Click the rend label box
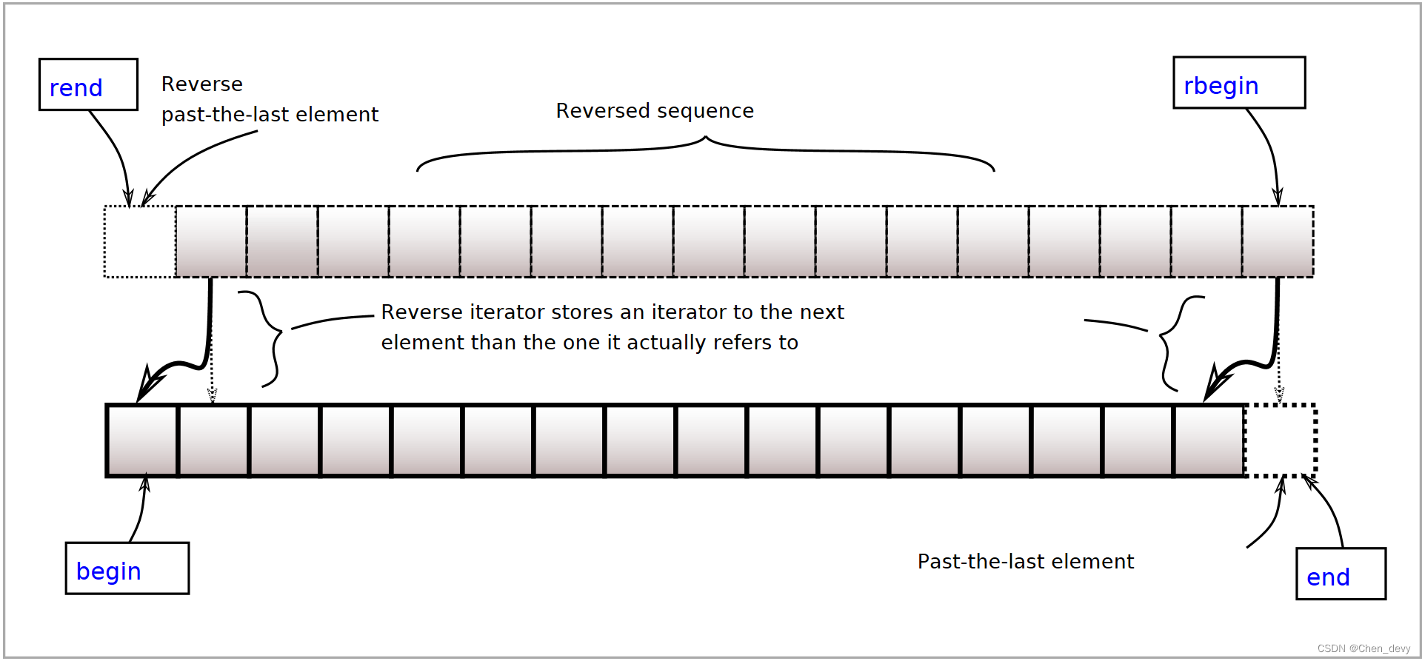88,85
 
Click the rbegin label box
1238,83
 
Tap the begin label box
127,568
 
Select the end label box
1340,574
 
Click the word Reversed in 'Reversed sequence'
601,111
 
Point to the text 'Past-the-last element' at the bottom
1025,562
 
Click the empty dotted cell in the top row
139,242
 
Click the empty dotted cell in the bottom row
1281,440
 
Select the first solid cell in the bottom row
142,440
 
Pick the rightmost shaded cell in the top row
1278,242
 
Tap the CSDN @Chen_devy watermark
1363,648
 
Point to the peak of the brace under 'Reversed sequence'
706,138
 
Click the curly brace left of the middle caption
270,339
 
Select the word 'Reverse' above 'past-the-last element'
201,84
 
